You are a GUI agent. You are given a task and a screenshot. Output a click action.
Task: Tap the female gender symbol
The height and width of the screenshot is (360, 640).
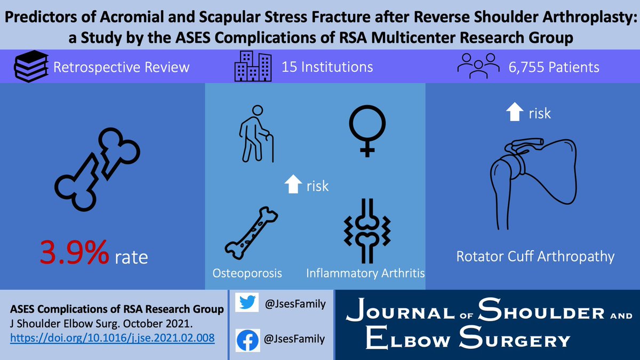pos(365,130)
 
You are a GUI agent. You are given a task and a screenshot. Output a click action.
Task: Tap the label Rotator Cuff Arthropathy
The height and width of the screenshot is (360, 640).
pos(535,257)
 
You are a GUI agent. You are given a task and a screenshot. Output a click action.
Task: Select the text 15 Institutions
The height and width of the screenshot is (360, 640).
pos(327,68)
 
